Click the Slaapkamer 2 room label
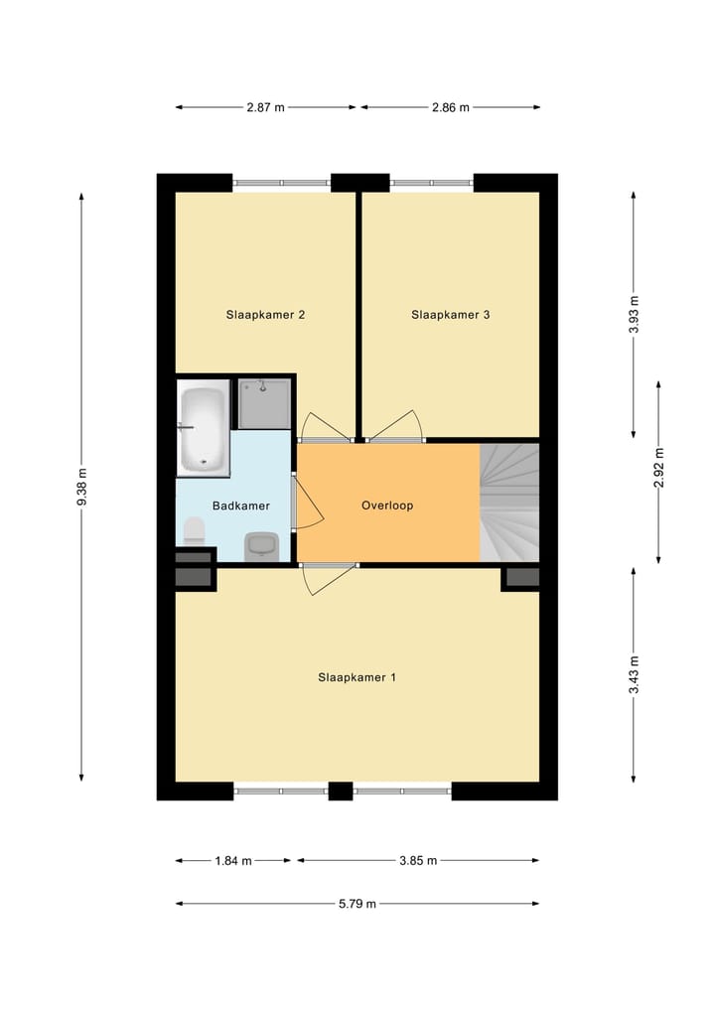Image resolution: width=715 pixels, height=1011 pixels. [265, 315]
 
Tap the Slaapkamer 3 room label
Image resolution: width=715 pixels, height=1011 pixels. [451, 315]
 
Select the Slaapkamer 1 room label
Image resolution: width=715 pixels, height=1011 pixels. [357, 678]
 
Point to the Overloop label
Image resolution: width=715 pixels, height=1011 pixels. [387, 505]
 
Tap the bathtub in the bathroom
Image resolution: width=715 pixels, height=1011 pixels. [204, 428]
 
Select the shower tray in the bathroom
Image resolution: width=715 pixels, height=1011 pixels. [264, 403]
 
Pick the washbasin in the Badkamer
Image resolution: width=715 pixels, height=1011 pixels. [261, 546]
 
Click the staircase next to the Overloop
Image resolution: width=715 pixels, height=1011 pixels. [509, 503]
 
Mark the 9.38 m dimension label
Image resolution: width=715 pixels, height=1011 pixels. [82, 487]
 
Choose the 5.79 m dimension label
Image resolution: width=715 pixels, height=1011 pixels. [357, 904]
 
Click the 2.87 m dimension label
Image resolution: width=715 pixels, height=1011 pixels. [266, 107]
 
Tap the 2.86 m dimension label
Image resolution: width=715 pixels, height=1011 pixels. [450, 107]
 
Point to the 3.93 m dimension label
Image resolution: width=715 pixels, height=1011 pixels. [635, 314]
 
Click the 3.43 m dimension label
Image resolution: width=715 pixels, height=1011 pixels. [635, 675]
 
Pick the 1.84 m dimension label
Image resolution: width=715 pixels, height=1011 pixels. [233, 861]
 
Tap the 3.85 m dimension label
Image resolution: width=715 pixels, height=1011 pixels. [418, 861]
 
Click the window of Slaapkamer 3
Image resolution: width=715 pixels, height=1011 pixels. [431, 183]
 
